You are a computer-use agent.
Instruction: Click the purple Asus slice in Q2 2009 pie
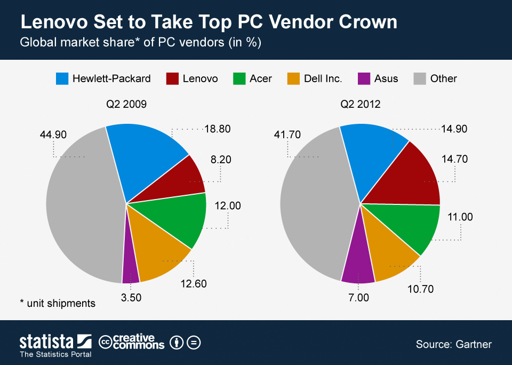tap(130, 269)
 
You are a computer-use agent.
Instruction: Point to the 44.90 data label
tap(53, 135)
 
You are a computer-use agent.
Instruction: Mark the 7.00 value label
tap(358, 298)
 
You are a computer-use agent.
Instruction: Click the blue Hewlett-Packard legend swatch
tap(62, 78)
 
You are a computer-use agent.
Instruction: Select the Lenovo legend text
tap(200, 78)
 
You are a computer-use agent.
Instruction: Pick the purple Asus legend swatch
tap(363, 78)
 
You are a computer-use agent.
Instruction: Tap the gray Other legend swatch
tap(420, 78)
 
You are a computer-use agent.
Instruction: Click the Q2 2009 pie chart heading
tap(126, 104)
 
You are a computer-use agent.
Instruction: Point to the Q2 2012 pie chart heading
tap(361, 104)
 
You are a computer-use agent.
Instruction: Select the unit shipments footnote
tap(58, 303)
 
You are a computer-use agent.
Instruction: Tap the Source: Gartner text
tap(453, 344)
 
